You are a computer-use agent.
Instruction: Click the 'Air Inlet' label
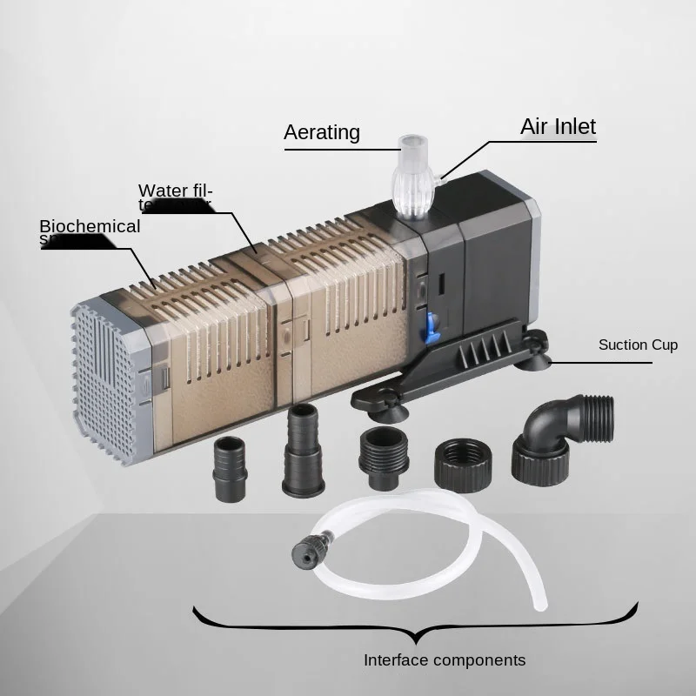click(x=558, y=126)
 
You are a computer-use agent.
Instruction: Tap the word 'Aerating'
click(x=321, y=132)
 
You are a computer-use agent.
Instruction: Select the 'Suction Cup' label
click(x=638, y=345)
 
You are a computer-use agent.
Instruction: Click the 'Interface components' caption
click(x=445, y=659)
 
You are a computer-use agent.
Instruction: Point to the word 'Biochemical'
click(x=90, y=226)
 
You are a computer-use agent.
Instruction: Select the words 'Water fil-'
click(x=176, y=191)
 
